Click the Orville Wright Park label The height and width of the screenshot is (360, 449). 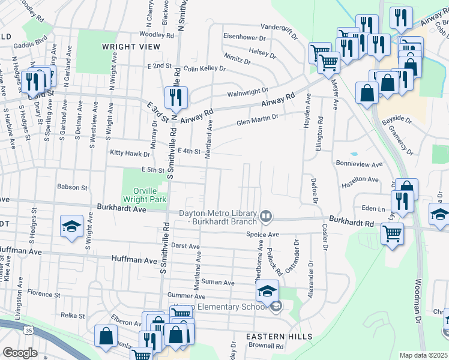(x=143, y=193)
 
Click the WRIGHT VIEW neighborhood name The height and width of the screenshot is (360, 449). (x=131, y=46)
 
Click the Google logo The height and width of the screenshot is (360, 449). (x=20, y=353)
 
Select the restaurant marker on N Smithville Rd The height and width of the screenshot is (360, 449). (x=176, y=97)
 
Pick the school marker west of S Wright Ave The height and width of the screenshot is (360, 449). (x=71, y=227)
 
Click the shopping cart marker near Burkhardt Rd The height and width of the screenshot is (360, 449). (x=392, y=233)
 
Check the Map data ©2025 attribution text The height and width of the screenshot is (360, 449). (x=423, y=355)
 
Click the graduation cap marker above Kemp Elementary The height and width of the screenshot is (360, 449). (x=268, y=291)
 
